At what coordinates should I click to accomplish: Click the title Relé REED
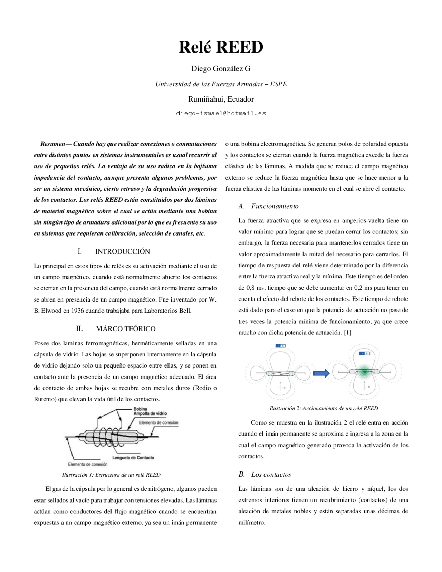click(x=221, y=47)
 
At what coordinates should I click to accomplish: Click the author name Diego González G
click(x=221, y=69)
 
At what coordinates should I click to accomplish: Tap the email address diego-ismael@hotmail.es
click(x=221, y=113)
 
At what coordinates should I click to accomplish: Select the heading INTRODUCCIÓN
click(x=123, y=251)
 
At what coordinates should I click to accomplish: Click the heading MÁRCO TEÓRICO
click(x=126, y=329)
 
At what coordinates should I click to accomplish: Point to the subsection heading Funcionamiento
click(x=275, y=206)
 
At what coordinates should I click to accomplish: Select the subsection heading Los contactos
click(x=271, y=475)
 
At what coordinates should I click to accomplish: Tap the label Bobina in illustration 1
click(x=140, y=409)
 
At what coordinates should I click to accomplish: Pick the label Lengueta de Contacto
click(x=138, y=458)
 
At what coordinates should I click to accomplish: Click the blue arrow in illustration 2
click(x=321, y=373)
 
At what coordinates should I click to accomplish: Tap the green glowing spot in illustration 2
click(x=363, y=372)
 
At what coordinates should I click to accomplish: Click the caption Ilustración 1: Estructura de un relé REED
click(x=111, y=475)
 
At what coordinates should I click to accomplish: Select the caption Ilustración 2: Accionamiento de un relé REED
click(x=324, y=408)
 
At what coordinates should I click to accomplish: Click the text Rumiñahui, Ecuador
click(x=221, y=99)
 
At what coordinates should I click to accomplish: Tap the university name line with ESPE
click(x=221, y=84)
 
